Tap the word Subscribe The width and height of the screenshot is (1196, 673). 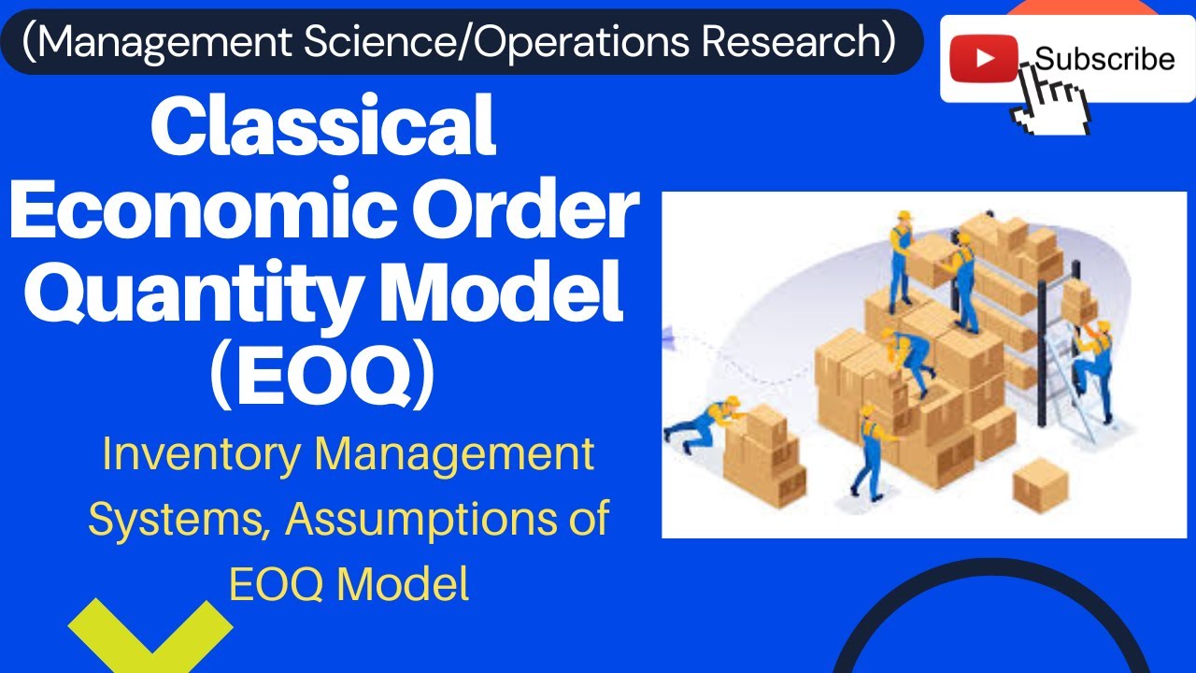[x=1104, y=59]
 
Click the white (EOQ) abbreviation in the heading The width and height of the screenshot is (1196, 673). [x=322, y=379]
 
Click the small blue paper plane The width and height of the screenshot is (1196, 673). [x=670, y=329]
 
